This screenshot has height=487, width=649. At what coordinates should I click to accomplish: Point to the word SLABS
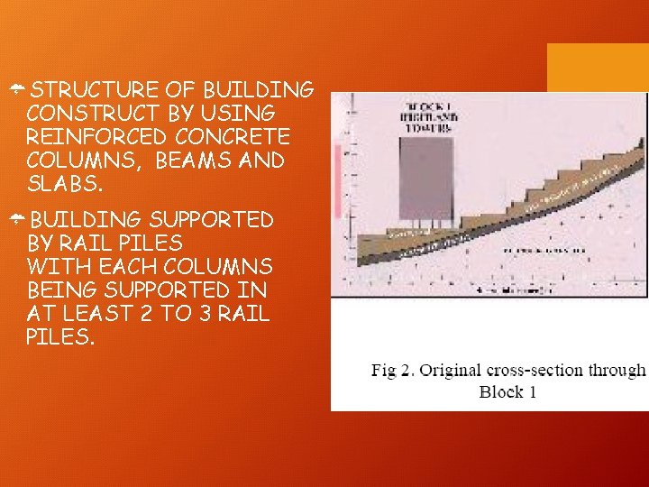coord(63,184)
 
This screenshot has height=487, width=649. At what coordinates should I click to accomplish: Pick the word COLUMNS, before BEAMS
coord(85,161)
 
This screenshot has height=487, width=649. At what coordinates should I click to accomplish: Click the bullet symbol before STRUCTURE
coord(17,90)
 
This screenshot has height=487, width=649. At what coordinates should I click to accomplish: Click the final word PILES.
coord(59,338)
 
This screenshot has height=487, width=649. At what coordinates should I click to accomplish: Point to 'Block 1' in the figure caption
coord(507,391)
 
